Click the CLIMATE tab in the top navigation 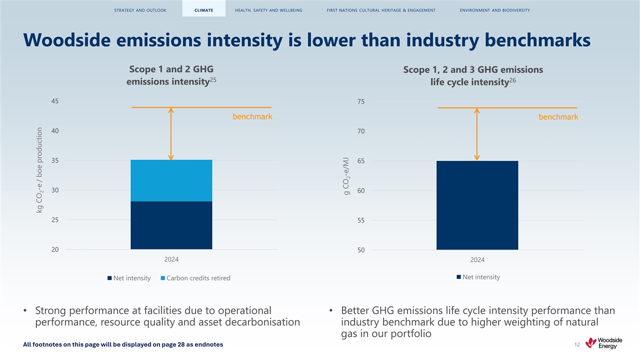[204, 10]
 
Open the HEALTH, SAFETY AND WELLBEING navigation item [269, 10]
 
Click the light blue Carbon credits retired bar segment [171, 180]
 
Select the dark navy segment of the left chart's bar [171, 225]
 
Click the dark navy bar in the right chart [477, 205]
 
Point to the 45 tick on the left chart [55, 101]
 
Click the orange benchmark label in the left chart [252, 117]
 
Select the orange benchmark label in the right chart [558, 117]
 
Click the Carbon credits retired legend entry [195, 278]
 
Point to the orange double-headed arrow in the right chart [477, 133]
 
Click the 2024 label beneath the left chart [171, 259]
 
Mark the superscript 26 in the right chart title [513, 80]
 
